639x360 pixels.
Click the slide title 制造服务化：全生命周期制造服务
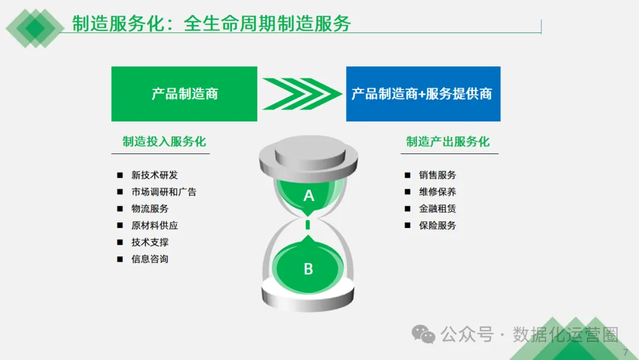click(211, 23)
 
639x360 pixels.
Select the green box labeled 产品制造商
click(184, 94)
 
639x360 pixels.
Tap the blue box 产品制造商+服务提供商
click(422, 94)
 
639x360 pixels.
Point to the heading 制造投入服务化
click(164, 142)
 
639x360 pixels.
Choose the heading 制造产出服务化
click(448, 142)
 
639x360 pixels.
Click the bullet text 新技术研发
click(154, 175)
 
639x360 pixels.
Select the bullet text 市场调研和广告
click(164, 192)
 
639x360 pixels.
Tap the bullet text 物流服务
click(150, 208)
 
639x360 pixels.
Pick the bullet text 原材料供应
click(154, 226)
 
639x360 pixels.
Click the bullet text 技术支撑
click(150, 242)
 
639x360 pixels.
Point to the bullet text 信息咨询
click(150, 259)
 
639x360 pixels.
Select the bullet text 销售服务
click(437, 175)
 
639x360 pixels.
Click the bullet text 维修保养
click(437, 192)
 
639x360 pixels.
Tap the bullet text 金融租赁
click(437, 208)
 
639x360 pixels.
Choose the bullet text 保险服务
click(437, 226)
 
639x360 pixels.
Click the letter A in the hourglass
click(308, 195)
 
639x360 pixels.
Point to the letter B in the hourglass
click(308, 269)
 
